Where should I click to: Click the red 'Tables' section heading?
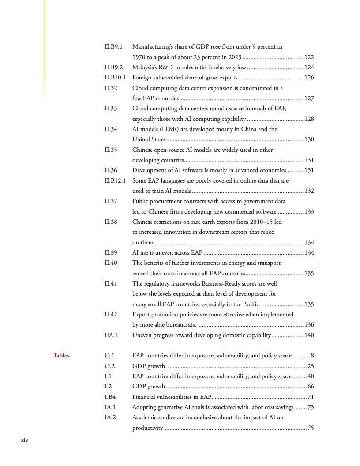[61, 355]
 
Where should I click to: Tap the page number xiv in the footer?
[25, 440]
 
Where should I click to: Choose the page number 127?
[309, 98]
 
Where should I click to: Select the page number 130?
[309, 139]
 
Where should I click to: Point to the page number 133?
[309, 212]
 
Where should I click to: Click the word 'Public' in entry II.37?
[141, 202]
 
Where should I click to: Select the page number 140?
[309, 335]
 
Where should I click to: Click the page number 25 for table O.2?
[311, 366]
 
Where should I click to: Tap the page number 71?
[311, 397]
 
